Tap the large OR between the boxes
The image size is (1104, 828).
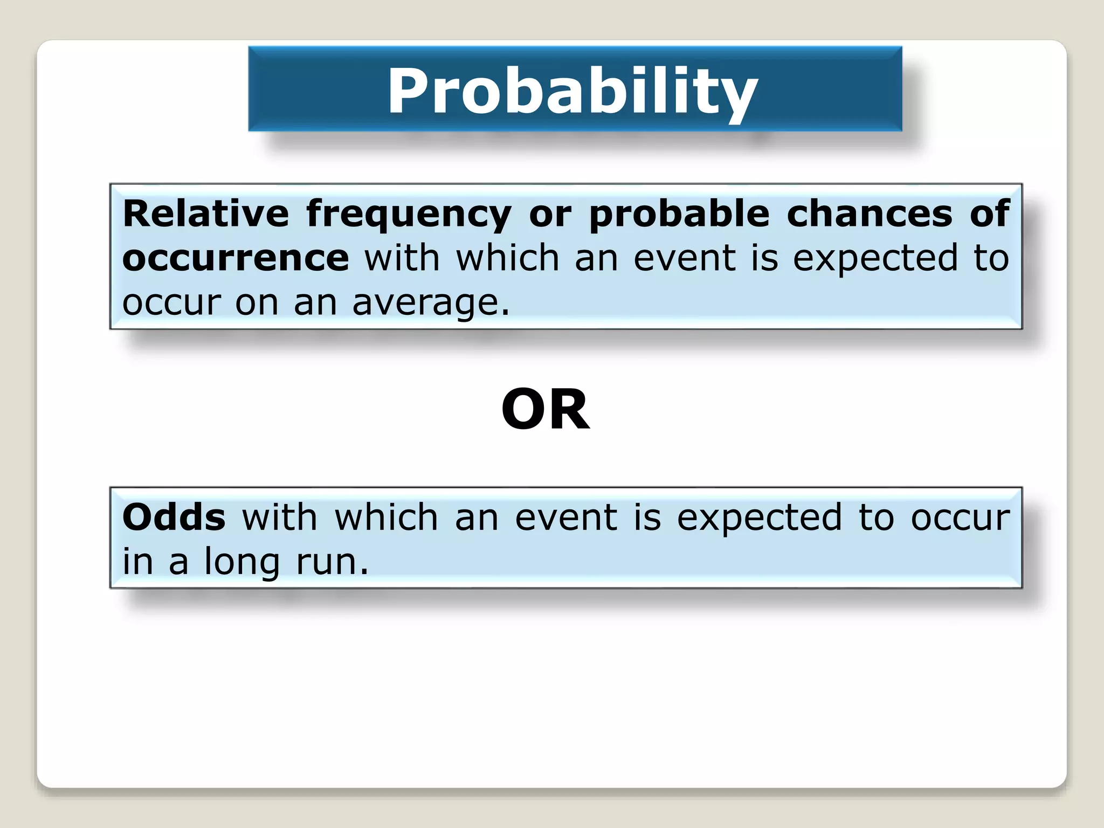tap(546, 410)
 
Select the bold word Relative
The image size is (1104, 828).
tap(205, 213)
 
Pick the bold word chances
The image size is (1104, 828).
tap(870, 213)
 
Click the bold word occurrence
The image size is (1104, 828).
tap(236, 258)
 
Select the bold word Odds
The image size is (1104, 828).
tap(174, 517)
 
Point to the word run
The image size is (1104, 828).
tap(332, 562)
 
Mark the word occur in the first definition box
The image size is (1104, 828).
tap(171, 303)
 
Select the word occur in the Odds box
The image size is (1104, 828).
tap(960, 517)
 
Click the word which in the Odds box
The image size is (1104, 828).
tap(386, 517)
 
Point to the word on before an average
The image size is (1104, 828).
tap(257, 303)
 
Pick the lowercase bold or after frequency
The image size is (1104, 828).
tap(550, 215)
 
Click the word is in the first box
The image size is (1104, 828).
tap(765, 258)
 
